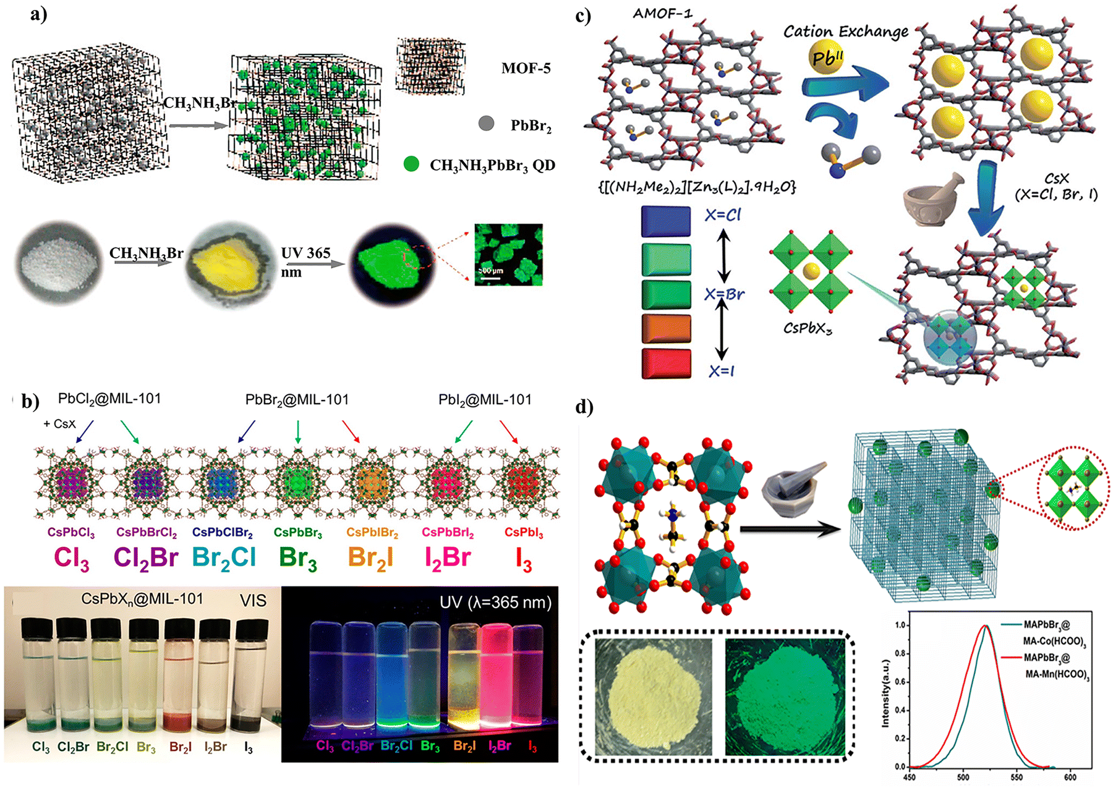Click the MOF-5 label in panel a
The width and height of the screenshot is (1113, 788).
coord(526,69)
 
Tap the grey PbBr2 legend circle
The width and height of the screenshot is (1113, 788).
coord(487,124)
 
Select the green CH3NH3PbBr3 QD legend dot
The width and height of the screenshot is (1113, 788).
coord(411,164)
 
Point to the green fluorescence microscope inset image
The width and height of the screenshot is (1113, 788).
coord(508,255)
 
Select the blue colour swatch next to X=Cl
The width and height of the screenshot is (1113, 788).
coord(666,221)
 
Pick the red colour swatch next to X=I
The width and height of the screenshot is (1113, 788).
coord(666,363)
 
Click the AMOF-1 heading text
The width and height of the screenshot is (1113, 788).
coord(662,14)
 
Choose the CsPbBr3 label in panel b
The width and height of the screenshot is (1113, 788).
coord(297,532)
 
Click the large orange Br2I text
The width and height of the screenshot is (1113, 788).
coord(370,557)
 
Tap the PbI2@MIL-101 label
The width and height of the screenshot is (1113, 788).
coord(485,400)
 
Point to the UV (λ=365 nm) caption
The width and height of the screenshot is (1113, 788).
coord(495,602)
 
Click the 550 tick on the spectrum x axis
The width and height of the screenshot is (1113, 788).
coord(1017,777)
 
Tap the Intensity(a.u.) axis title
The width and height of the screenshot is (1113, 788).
coord(885,693)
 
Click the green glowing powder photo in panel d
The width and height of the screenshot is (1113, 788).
coord(785,697)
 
